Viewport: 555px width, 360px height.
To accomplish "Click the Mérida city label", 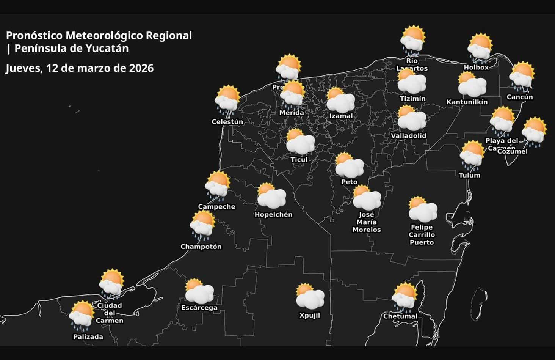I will (x=292, y=113).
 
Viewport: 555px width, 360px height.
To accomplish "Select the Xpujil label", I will (x=310, y=315).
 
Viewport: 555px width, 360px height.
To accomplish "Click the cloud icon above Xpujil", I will (x=310, y=296).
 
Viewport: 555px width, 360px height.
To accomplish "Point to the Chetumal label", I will (x=400, y=316).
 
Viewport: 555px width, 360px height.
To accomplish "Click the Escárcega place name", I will (x=199, y=307).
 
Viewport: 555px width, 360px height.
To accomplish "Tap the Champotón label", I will (x=201, y=247).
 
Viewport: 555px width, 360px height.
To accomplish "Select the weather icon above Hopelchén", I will (x=271, y=196).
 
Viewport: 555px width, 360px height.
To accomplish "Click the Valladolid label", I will (x=409, y=135).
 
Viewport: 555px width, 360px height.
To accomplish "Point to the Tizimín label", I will (x=412, y=99).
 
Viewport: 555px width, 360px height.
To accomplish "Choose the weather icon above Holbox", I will (x=480, y=47).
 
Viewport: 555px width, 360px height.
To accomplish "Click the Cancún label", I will (x=520, y=97).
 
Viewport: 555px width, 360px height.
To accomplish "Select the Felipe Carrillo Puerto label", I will (x=422, y=234).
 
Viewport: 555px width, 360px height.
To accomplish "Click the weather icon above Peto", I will (x=349, y=165).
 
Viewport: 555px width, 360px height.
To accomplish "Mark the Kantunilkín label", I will (x=467, y=102).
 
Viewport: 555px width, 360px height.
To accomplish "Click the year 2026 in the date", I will (x=141, y=68).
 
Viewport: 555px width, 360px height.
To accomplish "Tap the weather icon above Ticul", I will (x=300, y=142).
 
